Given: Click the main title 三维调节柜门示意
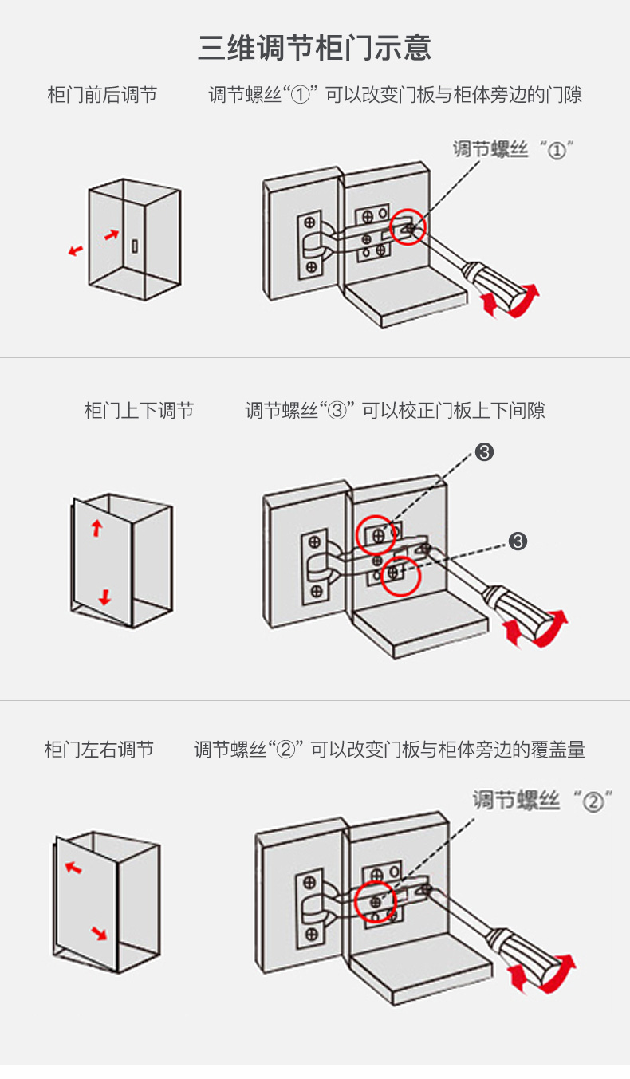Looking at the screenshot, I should pyautogui.click(x=315, y=48).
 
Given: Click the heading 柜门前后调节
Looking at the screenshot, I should pyautogui.click(x=102, y=95).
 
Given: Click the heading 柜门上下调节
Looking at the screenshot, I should pyautogui.click(x=139, y=411).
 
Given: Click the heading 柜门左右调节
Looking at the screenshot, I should pyautogui.click(x=99, y=750).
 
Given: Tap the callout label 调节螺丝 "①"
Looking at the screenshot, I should pyautogui.click(x=514, y=149).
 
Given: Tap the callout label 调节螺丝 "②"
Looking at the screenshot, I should pyautogui.click(x=542, y=800).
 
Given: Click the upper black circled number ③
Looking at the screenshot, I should pyautogui.click(x=484, y=452).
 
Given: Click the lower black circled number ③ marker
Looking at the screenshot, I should pyautogui.click(x=518, y=541).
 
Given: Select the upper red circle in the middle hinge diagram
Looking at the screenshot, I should pyautogui.click(x=376, y=535).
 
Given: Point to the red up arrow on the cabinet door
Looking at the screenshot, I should pyautogui.click(x=96, y=527).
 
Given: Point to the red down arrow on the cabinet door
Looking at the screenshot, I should pyautogui.click(x=104, y=597).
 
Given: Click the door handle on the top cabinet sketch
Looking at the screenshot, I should pyautogui.click(x=136, y=246).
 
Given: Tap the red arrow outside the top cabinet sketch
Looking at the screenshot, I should pyautogui.click(x=76, y=250).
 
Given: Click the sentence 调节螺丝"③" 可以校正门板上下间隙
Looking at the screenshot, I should pyautogui.click(x=395, y=411).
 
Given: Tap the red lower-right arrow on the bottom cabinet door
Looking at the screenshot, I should pyautogui.click(x=99, y=932).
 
